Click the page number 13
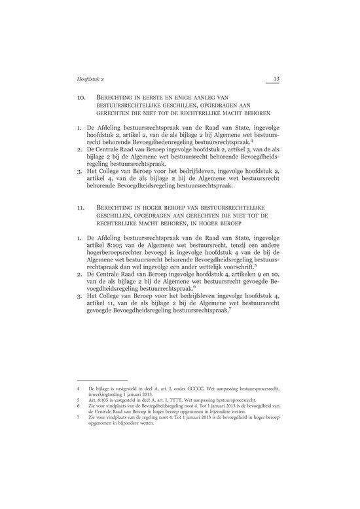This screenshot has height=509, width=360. (276, 79)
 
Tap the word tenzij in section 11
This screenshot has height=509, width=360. (230, 242)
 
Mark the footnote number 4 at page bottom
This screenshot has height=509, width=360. (79, 388)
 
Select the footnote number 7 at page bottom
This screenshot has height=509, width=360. (79, 415)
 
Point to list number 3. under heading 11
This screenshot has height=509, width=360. (80, 295)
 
